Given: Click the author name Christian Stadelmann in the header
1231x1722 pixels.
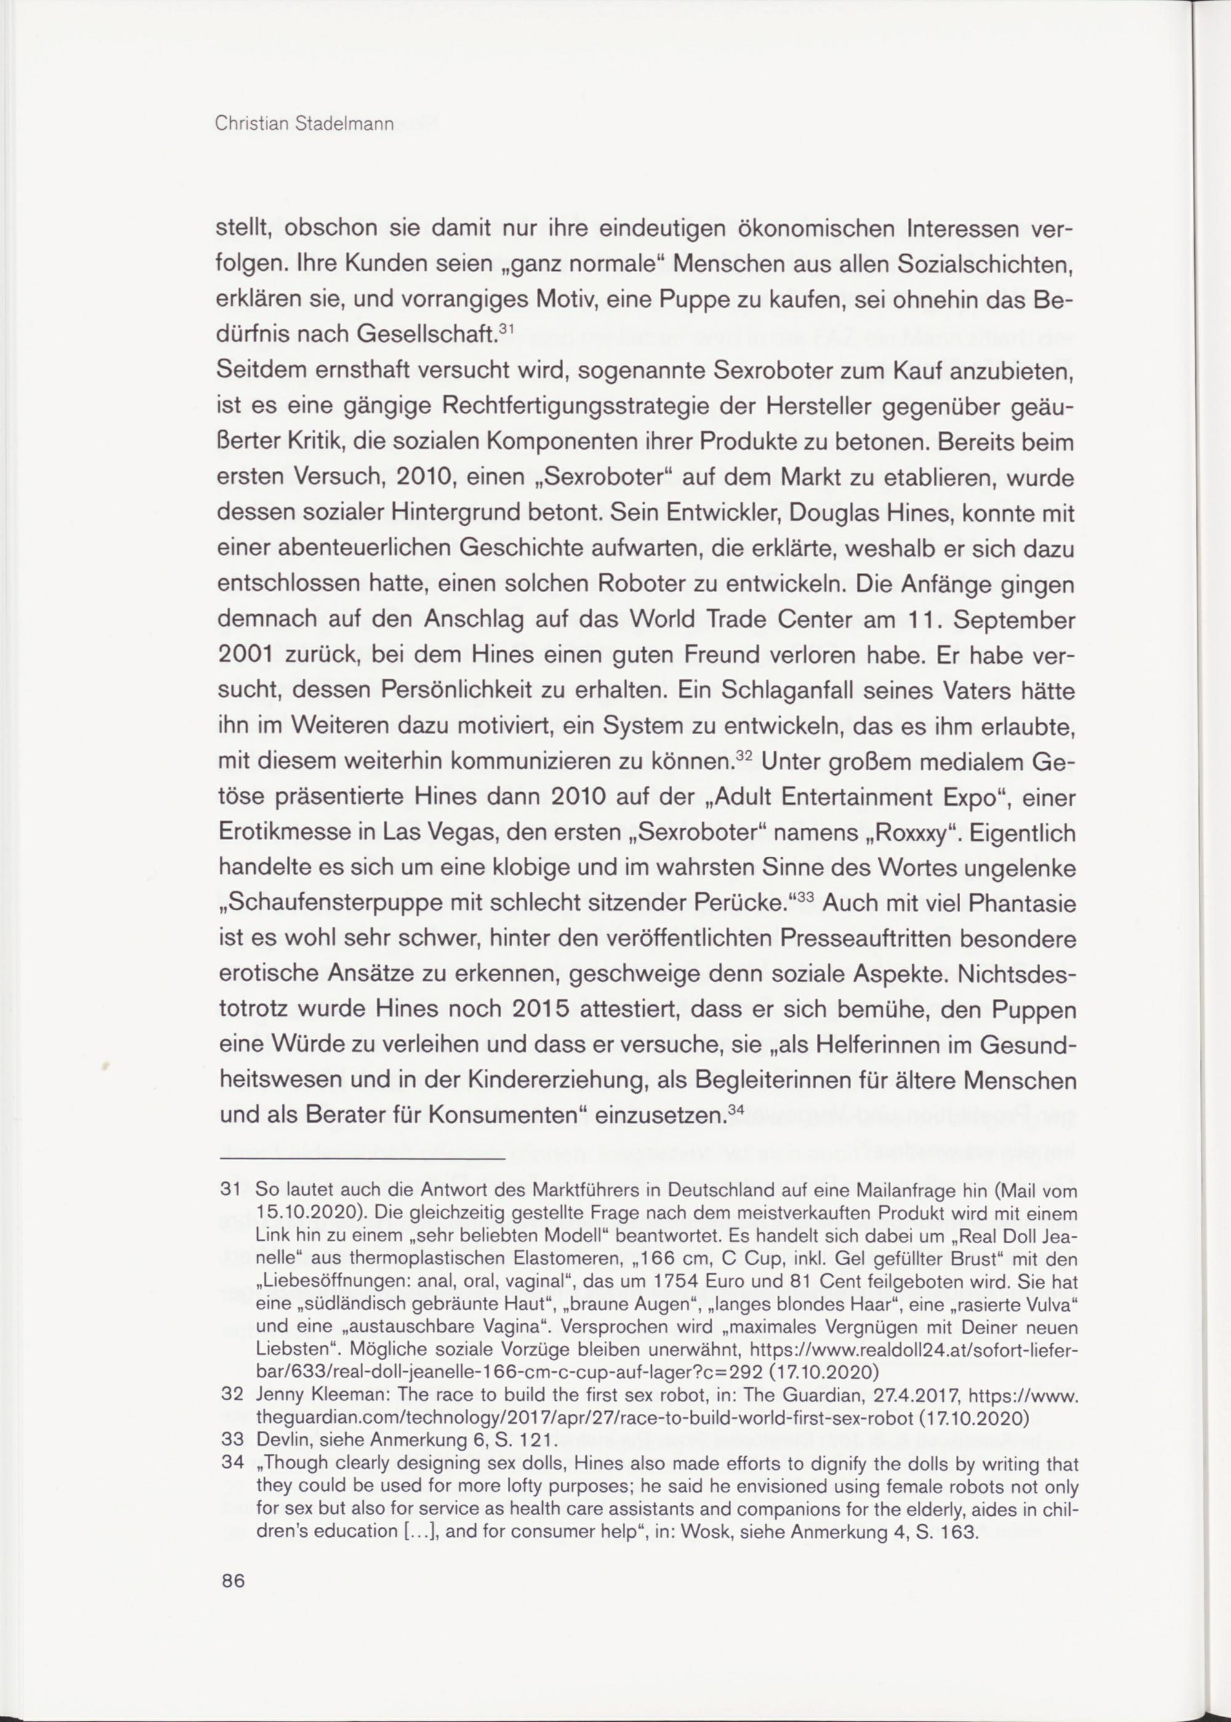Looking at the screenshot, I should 305,124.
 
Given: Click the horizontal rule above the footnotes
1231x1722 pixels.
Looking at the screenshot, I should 361,1159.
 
